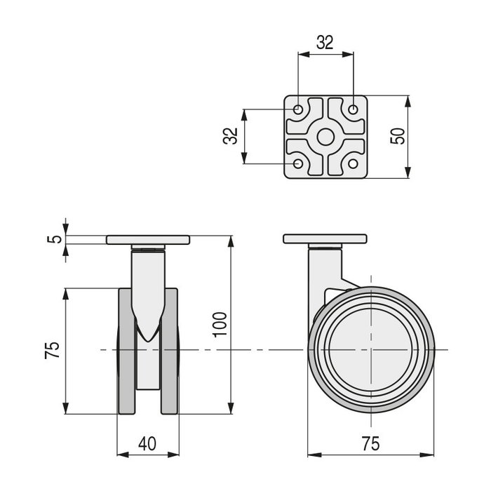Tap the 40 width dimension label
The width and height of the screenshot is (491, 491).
point(147,443)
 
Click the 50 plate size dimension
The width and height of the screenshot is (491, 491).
point(398,135)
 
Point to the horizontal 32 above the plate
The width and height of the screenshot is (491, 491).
point(325,42)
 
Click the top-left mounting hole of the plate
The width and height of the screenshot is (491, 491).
point(298,110)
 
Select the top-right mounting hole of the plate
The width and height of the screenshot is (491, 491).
point(354,110)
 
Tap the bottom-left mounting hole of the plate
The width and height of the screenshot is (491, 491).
point(298,164)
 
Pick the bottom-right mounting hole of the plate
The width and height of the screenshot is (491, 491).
point(354,164)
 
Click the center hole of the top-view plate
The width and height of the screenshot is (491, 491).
point(325,137)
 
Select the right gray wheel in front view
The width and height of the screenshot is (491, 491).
point(169,351)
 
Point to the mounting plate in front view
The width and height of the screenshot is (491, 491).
point(148,240)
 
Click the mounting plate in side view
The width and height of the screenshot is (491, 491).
point(325,238)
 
